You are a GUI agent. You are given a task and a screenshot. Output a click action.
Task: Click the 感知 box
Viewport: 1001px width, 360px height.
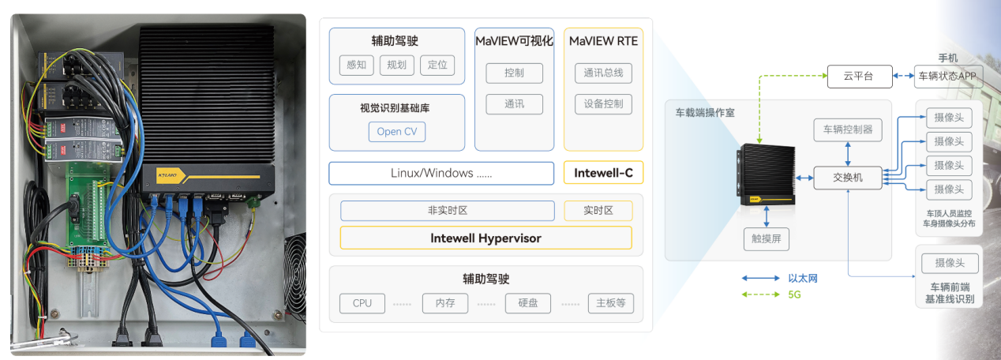point(355,65)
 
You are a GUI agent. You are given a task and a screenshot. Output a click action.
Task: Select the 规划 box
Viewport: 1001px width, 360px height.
point(397,65)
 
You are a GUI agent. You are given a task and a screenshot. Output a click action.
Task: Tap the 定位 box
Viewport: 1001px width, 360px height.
point(437,65)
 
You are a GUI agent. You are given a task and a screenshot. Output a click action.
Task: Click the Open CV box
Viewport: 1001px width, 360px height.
point(396,132)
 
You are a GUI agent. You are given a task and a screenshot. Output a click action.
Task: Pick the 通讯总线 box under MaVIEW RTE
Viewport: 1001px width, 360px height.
point(603,73)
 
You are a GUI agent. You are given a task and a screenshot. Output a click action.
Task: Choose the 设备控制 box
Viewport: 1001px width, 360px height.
point(603,104)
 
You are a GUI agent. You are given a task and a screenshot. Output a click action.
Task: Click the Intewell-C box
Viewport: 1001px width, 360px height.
point(602,173)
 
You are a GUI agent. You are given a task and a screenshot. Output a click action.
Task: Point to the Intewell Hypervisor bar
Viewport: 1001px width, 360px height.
point(486,238)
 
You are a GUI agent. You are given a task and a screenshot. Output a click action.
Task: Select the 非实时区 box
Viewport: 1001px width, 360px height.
point(448,211)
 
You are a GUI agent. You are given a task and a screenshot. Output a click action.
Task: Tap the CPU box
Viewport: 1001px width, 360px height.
point(362,303)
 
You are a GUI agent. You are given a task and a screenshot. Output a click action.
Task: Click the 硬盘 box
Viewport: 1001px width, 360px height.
point(528,303)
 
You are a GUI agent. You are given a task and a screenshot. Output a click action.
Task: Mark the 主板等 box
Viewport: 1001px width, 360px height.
point(611,303)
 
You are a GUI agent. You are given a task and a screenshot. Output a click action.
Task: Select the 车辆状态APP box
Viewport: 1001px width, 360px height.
point(947,77)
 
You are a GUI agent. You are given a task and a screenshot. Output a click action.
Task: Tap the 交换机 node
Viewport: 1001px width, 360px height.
point(848,178)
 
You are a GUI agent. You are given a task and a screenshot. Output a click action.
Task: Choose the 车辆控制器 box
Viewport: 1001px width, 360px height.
point(848,129)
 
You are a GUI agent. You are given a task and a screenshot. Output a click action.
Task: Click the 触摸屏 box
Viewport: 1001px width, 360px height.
point(766,238)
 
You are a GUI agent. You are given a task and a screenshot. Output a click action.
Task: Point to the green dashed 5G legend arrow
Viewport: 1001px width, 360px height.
point(760,294)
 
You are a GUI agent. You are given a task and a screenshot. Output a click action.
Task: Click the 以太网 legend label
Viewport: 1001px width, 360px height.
point(802,278)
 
